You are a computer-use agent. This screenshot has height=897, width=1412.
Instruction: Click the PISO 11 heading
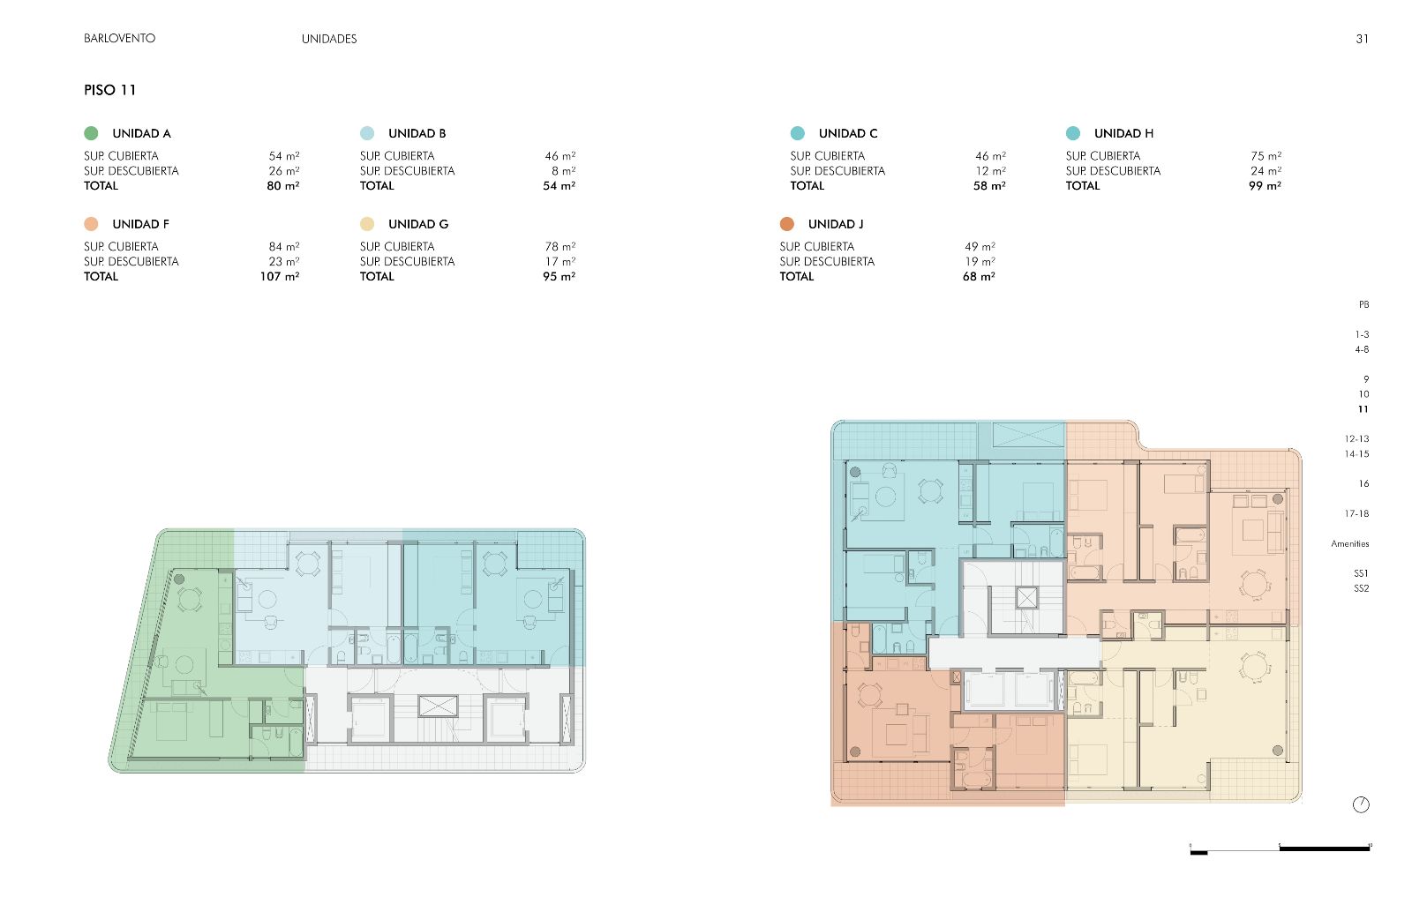point(109,90)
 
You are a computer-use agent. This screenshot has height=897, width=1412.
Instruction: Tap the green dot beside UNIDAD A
point(92,133)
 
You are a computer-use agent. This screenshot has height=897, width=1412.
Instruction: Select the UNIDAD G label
point(418,224)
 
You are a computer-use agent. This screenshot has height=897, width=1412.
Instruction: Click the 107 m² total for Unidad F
point(280,276)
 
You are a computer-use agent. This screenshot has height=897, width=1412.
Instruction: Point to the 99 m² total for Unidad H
point(1266,185)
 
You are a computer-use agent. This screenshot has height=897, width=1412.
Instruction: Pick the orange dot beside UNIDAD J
point(786,224)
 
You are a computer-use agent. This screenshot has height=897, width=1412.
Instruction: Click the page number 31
point(1363,39)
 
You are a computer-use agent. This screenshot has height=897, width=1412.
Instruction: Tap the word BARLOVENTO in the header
point(120,39)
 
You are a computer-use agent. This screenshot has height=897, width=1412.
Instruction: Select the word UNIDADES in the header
point(329,39)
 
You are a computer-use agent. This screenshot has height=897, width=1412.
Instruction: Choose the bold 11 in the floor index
point(1363,409)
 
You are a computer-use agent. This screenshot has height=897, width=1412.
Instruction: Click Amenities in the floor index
point(1349,543)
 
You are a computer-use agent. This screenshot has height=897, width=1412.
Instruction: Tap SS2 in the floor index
point(1361,588)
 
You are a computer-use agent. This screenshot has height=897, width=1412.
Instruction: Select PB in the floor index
point(1363,304)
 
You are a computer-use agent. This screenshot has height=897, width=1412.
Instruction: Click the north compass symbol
point(1361,804)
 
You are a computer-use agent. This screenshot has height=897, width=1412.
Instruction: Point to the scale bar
point(1280,849)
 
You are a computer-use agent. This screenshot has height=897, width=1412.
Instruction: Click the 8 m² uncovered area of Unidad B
point(564,171)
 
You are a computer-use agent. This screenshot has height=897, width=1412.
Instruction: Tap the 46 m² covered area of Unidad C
point(990,155)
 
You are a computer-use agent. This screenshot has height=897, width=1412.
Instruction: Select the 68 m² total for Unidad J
point(979,276)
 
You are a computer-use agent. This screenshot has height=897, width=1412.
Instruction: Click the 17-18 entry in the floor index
point(1356,513)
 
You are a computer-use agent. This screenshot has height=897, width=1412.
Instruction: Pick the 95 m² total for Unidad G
point(560,276)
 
